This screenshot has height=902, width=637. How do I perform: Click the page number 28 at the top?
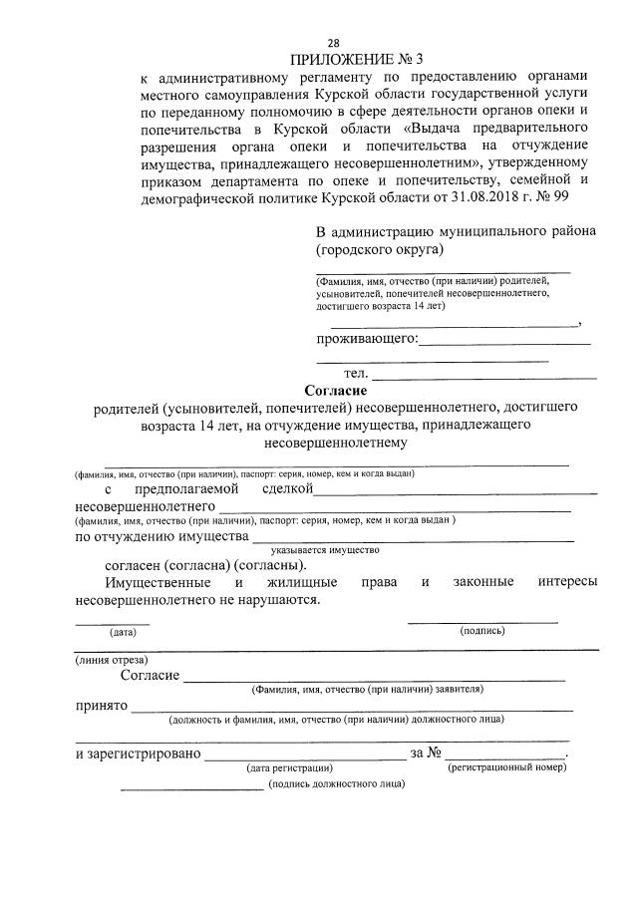334,43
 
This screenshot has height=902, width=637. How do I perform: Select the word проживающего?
366,340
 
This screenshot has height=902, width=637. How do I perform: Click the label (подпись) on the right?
481,631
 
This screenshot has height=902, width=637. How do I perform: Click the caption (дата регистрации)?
289,768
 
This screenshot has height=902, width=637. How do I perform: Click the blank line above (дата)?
113,623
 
